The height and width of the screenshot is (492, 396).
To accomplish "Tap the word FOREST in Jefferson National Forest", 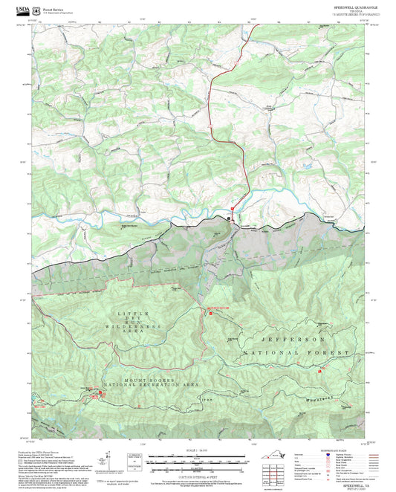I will coord(329,351).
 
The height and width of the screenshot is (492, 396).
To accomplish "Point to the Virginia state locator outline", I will coord(282,456).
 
